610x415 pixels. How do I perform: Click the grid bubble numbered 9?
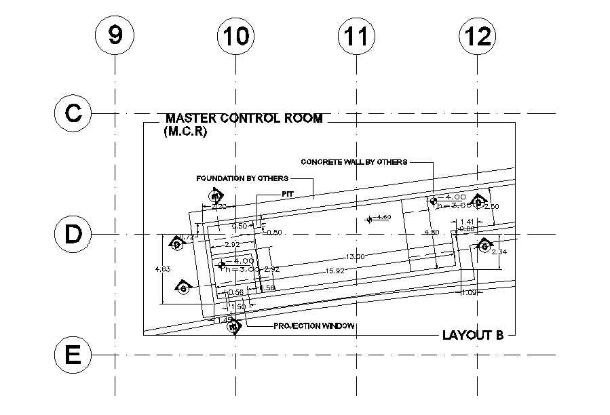[115, 36]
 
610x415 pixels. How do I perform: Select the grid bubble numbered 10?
[235, 36]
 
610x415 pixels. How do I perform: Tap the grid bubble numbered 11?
[356, 36]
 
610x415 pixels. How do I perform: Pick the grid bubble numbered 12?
[477, 36]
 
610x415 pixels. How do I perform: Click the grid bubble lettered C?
[73, 113]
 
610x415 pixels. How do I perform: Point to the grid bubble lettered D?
[73, 234]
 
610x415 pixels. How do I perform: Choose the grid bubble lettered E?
[73, 355]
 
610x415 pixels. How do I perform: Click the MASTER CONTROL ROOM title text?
[244, 119]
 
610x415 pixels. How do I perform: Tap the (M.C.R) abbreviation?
[185, 132]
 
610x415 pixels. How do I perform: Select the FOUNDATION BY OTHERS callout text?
[242, 178]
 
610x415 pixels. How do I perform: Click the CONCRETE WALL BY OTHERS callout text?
[354, 162]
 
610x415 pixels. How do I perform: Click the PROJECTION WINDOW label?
[314, 326]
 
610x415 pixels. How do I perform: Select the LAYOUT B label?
[472, 335]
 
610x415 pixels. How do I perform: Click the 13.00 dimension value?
[356, 256]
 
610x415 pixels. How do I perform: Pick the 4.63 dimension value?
[163, 269]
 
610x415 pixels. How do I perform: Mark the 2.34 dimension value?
[499, 252]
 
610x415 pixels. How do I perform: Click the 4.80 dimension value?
[431, 232]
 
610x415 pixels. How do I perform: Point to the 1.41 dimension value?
[468, 222]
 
